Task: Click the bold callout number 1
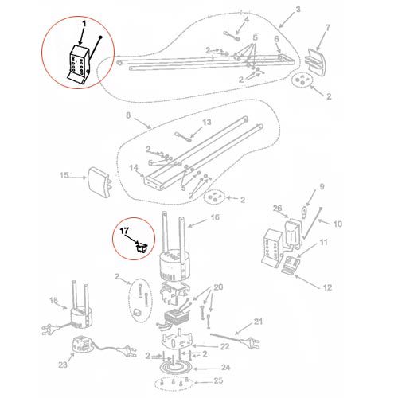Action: point(84,25)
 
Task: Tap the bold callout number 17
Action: point(124,232)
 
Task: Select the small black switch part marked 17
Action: point(142,248)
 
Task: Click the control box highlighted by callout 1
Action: point(78,65)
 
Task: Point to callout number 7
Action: point(328,28)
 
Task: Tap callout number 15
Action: point(64,175)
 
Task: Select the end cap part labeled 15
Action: point(99,182)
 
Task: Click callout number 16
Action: point(215,217)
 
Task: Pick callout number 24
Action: point(225,368)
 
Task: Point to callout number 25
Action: point(218,380)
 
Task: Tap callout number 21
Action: point(258,322)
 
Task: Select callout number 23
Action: point(63,365)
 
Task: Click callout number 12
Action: point(328,287)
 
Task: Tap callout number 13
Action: point(207,122)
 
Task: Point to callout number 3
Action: point(298,10)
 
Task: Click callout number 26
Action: point(278,208)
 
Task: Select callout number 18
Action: point(53,301)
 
